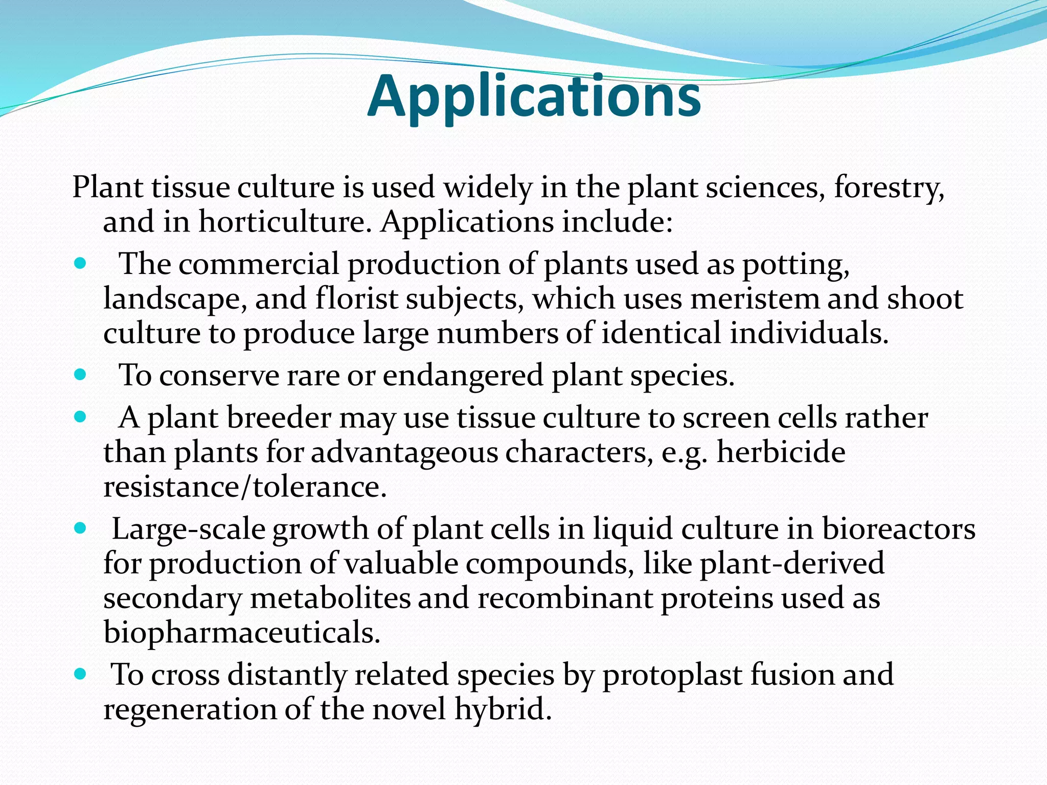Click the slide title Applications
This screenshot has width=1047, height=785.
click(x=534, y=96)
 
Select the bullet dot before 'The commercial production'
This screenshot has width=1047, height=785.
click(x=80, y=264)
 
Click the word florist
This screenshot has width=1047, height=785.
click(x=356, y=298)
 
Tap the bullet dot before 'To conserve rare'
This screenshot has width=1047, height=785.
click(x=80, y=376)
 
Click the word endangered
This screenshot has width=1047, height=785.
click(x=463, y=376)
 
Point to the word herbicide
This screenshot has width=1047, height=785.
click(x=781, y=452)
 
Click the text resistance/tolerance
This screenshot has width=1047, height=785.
click(x=244, y=487)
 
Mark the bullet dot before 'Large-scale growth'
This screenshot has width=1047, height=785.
click(x=80, y=528)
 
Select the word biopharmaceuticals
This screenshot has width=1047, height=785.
click(x=242, y=633)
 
